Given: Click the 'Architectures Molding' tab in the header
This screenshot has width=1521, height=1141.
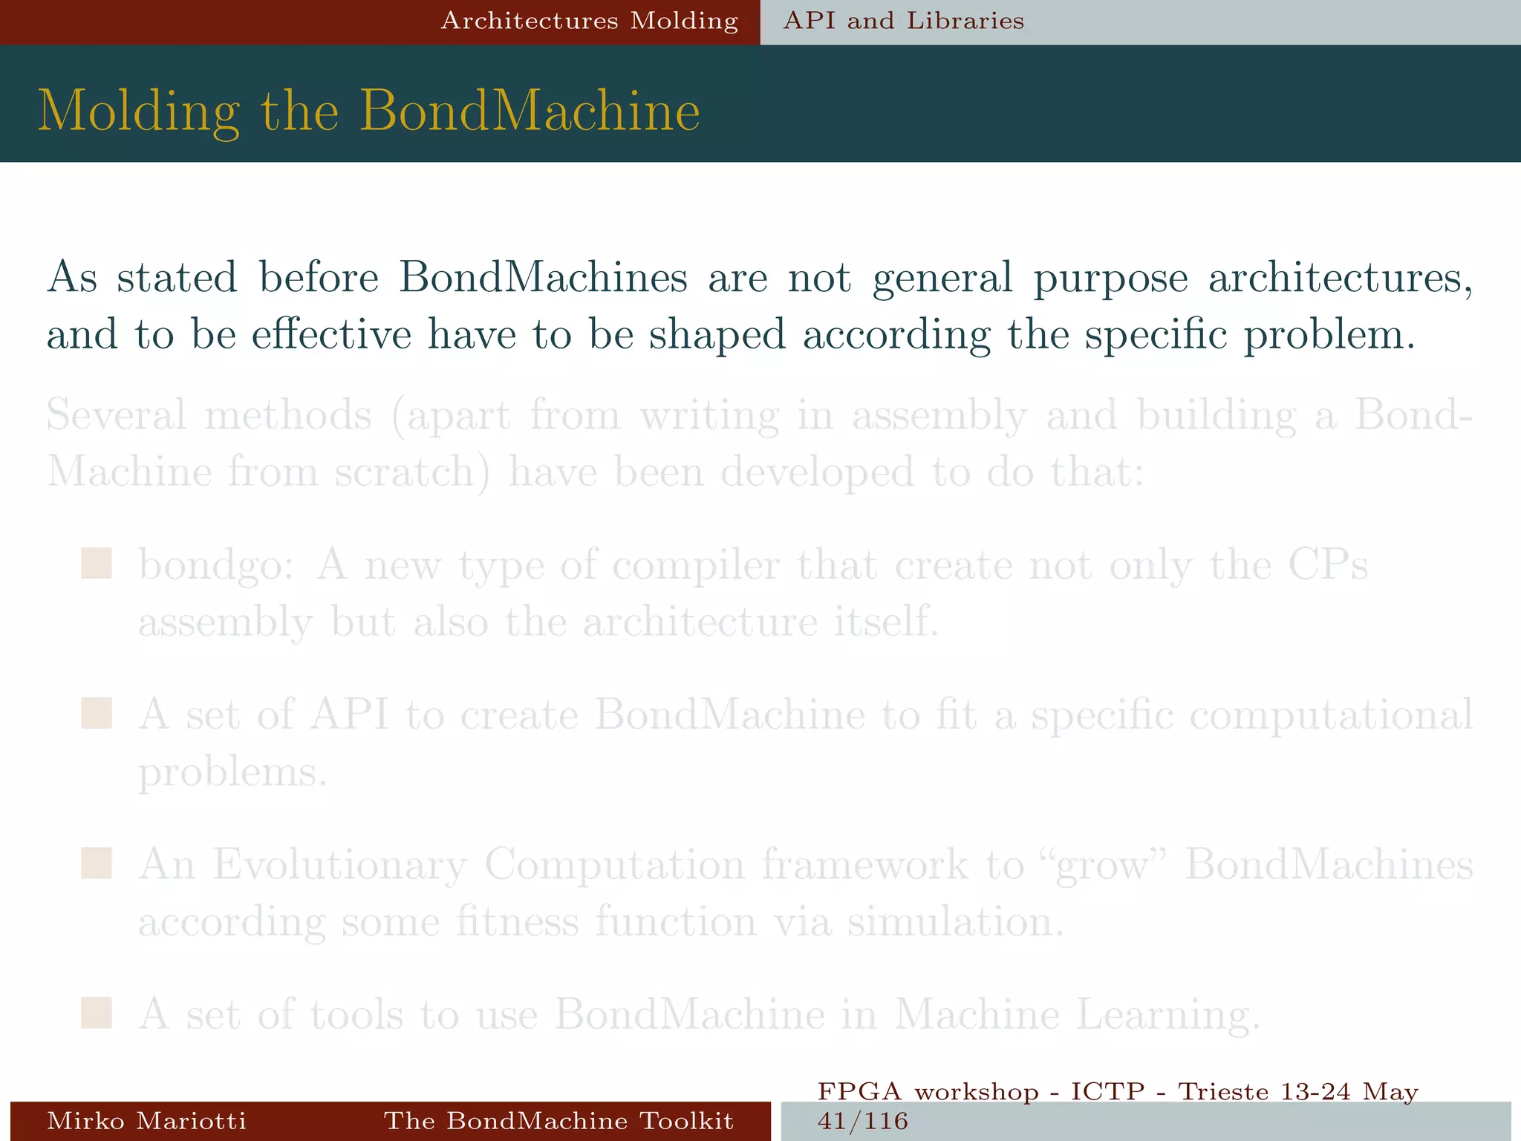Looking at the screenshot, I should click(x=590, y=21).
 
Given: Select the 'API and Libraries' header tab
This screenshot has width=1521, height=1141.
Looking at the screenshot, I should click(x=904, y=21).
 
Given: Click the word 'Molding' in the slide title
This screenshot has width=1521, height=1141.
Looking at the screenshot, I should click(x=139, y=112).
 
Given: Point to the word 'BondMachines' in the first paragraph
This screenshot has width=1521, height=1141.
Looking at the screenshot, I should click(x=543, y=277).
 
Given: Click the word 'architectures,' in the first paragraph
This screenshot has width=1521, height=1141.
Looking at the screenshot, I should click(x=1341, y=279).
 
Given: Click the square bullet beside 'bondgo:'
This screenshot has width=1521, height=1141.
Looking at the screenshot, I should click(x=97, y=564).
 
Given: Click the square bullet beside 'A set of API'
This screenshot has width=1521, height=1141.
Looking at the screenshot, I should click(x=97, y=713).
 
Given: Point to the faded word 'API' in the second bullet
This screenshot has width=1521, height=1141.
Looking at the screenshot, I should click(x=350, y=715).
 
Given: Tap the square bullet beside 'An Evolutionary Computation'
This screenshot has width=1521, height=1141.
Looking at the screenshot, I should click(x=97, y=864).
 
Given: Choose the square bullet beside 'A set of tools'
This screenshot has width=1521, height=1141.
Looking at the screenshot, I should click(x=97, y=1012).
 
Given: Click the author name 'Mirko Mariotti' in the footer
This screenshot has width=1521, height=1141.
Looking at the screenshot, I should click(x=146, y=1120).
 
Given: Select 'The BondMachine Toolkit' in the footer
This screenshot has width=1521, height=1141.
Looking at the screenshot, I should click(x=558, y=1120).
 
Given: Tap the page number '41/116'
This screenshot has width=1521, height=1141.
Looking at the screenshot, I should click(x=862, y=1121).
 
